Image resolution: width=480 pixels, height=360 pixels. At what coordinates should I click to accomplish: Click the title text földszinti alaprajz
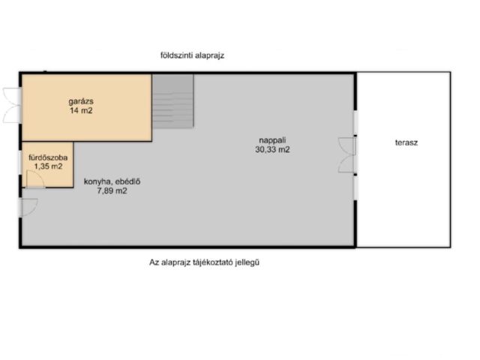(x=192, y=55)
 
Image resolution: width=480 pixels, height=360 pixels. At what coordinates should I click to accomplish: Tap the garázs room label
(x=81, y=101)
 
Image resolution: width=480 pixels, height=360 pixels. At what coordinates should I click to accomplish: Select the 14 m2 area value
(x=81, y=110)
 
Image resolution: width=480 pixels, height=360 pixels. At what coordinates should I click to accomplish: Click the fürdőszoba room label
(x=48, y=158)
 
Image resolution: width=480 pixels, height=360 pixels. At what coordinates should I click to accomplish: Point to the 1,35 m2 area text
(x=48, y=166)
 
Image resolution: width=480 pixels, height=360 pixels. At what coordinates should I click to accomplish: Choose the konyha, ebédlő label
(x=112, y=181)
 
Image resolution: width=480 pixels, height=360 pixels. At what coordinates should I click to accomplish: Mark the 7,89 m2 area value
(x=112, y=191)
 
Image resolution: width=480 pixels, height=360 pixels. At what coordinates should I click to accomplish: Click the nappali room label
(x=272, y=140)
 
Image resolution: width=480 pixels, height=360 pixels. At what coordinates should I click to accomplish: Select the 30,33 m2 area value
(x=272, y=150)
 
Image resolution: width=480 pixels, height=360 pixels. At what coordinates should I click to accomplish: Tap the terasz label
(x=406, y=142)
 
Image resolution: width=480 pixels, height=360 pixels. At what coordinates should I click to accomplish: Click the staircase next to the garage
(x=173, y=101)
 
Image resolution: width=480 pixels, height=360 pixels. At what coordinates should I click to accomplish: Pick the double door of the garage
(x=12, y=105)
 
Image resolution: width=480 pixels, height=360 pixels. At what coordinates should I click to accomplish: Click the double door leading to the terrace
(x=347, y=155)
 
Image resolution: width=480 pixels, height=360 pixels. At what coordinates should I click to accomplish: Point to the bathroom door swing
(x=35, y=179)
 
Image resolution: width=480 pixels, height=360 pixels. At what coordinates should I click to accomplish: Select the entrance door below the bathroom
(x=28, y=207)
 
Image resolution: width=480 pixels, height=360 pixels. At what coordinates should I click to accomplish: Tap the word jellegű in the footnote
(x=247, y=262)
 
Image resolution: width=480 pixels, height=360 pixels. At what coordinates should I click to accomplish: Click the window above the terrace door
(x=355, y=122)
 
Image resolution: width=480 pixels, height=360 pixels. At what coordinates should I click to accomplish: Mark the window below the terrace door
(x=355, y=188)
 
